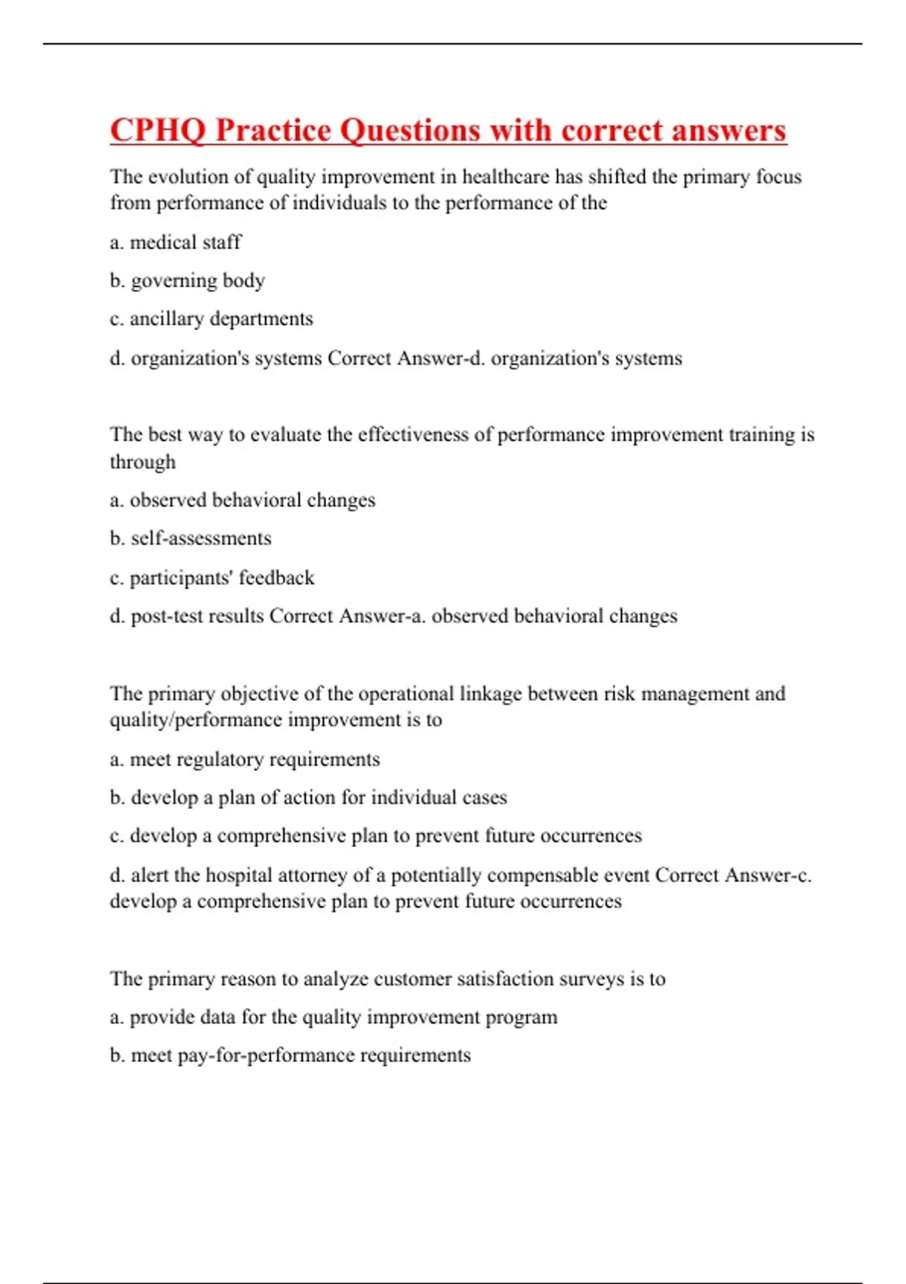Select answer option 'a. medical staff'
pos(175,242)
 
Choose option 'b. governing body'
pos(187,281)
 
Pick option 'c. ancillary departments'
pos(211,319)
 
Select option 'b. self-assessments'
pos(190,539)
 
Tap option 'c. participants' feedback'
pos(212,578)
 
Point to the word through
pos(143,461)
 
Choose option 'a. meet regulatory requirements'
pos(245,759)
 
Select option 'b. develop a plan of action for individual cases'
pos(308,798)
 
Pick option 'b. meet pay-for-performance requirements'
pos(290,1055)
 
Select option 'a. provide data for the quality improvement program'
pos(334,1017)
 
